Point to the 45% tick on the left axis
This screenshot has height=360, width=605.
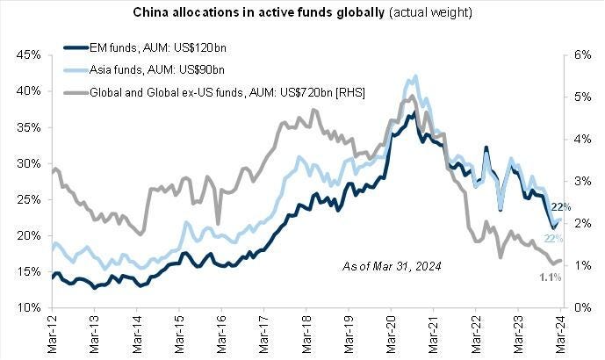click(29, 54)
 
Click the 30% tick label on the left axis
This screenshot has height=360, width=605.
click(29, 163)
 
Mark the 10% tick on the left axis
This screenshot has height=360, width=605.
click(29, 308)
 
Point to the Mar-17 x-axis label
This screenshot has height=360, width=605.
click(264, 334)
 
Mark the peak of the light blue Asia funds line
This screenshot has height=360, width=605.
click(414, 76)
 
